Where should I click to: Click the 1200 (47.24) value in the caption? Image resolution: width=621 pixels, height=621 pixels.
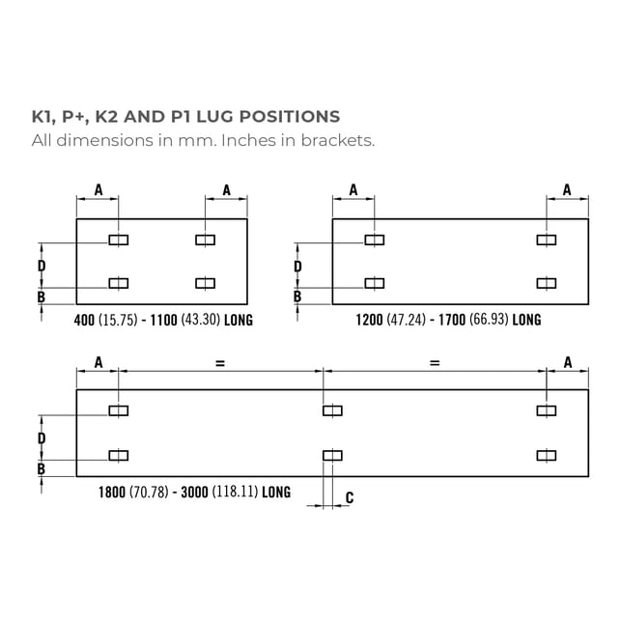[x=386, y=320]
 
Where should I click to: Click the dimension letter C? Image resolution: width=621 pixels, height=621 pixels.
[x=349, y=497]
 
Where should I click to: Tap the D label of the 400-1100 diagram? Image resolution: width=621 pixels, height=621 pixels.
[x=42, y=265]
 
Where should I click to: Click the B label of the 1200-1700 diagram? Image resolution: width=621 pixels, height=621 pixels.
[x=297, y=297]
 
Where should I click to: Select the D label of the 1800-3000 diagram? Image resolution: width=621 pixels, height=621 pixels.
[x=42, y=438]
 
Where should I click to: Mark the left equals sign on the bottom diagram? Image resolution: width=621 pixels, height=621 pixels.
[x=220, y=363]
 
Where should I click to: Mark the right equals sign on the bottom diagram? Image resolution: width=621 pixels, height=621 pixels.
[x=435, y=363]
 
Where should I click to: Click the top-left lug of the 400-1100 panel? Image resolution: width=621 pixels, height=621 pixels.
[x=119, y=240]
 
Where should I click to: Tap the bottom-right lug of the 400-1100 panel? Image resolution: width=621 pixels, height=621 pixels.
[x=205, y=283]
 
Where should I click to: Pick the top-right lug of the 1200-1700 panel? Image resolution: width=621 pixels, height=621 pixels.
[x=547, y=240]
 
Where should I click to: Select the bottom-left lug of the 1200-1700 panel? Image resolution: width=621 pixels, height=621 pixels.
[x=374, y=283]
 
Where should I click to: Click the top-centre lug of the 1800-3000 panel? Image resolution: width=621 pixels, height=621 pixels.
[x=332, y=411]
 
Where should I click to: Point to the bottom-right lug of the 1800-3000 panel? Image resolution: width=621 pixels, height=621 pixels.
[x=547, y=455]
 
